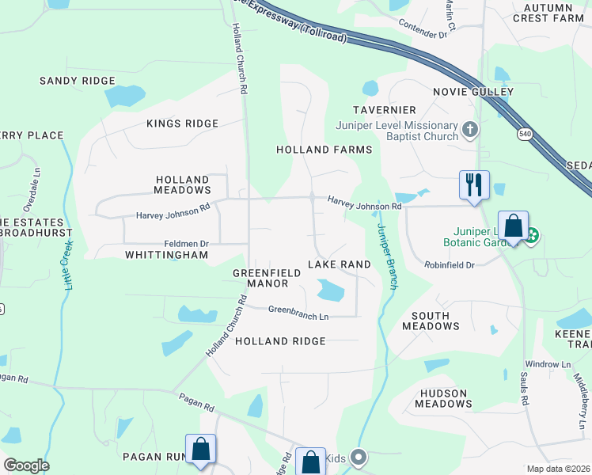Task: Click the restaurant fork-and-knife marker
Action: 474,185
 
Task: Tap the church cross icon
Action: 470,129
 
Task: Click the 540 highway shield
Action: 525,135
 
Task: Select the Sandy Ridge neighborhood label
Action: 78,81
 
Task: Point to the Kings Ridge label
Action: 182,123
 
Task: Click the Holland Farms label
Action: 324,150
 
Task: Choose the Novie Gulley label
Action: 473,92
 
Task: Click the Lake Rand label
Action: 340,264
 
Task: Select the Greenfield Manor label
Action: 266,278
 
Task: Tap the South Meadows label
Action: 431,321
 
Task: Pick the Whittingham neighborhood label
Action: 166,255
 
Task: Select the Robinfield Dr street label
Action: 449,264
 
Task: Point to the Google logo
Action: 25,465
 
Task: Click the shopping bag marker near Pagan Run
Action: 201,449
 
